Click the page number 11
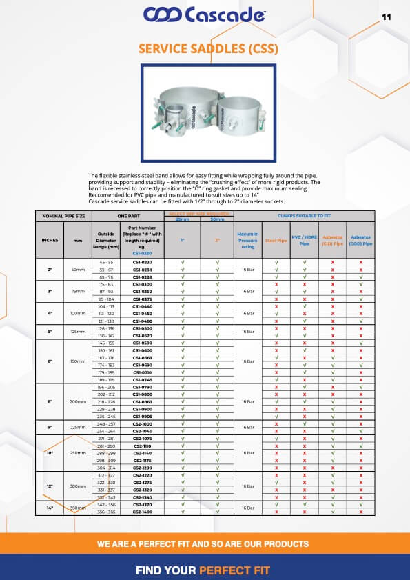[x=386, y=17]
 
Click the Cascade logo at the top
[x=204, y=14]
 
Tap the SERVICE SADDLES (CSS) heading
[x=205, y=49]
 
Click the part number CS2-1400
[x=142, y=512]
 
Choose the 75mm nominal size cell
[x=76, y=292]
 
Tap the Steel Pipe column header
[x=276, y=241]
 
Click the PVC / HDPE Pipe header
[x=305, y=241]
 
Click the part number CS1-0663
[x=142, y=357]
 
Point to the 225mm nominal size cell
[x=76, y=426]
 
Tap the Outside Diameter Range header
[x=106, y=241]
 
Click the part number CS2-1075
[x=142, y=439]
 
